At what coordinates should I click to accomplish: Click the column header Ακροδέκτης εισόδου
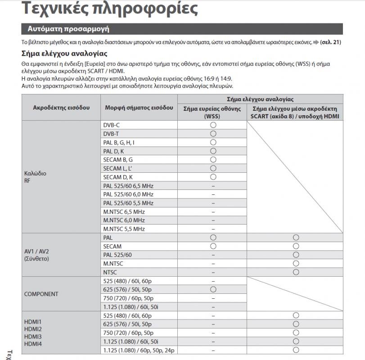(x=61, y=108)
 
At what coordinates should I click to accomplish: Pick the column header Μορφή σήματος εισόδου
(x=139, y=108)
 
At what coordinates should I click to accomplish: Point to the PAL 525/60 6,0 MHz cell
(x=128, y=194)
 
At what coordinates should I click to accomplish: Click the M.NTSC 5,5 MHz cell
(x=124, y=229)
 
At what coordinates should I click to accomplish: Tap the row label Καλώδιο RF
(x=35, y=177)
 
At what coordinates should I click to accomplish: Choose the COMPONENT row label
(x=41, y=294)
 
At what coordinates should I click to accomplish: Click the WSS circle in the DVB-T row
(x=213, y=134)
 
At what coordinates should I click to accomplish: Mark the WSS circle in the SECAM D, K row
(x=213, y=177)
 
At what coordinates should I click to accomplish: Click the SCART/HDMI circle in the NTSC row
(x=296, y=272)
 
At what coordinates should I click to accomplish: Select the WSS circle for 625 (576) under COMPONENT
(x=213, y=289)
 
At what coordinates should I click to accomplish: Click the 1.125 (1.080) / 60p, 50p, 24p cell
(x=139, y=350)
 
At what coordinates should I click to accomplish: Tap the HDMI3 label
(x=32, y=337)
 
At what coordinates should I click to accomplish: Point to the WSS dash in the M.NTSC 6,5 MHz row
(x=213, y=212)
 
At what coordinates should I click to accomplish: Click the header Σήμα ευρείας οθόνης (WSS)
(x=212, y=112)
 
